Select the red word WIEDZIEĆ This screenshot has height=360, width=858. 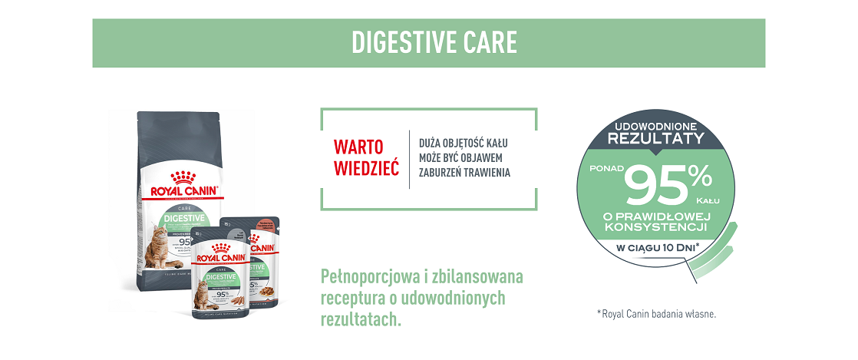(366, 168)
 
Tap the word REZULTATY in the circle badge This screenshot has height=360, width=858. (655, 138)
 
